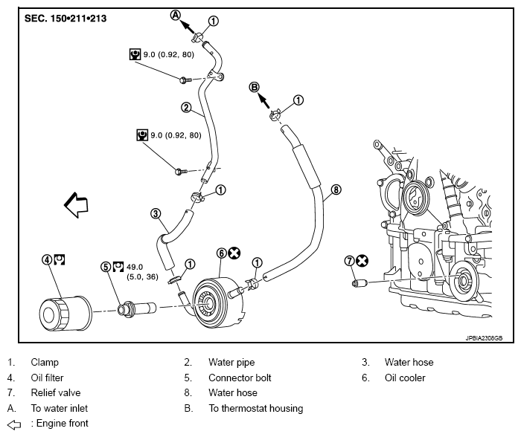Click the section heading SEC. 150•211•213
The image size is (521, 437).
[65, 19]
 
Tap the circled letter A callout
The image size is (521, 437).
[176, 15]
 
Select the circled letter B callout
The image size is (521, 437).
[255, 88]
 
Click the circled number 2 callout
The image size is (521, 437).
[186, 108]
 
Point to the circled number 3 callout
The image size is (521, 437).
[156, 213]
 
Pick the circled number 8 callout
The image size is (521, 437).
[336, 190]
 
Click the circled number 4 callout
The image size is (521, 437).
[47, 259]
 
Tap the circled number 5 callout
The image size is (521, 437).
[106, 267]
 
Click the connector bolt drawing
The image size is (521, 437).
[137, 308]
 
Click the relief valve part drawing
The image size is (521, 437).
[359, 283]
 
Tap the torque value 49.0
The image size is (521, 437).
[135, 267]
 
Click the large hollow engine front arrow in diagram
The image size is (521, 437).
[76, 204]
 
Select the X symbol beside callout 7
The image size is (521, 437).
[362, 261]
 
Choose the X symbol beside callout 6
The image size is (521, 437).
[234, 253]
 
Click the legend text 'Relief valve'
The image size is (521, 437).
[56, 393]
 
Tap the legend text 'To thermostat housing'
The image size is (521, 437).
[256, 408]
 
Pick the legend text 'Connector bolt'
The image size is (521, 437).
[240, 378]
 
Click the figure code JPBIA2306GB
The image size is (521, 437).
[484, 338]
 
